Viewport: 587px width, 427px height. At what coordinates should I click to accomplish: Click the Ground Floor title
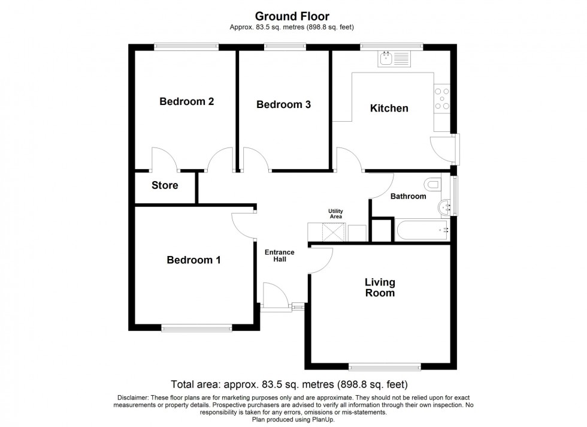coord(292,16)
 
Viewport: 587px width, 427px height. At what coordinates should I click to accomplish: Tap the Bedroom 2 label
coord(186,101)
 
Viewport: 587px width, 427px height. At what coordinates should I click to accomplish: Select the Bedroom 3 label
coord(283,104)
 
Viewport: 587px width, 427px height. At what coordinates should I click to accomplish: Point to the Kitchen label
coord(389,108)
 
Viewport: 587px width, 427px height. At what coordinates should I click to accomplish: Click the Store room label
coord(165,185)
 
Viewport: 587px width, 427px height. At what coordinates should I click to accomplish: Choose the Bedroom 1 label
coord(193,260)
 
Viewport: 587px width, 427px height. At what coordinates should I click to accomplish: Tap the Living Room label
coord(380,287)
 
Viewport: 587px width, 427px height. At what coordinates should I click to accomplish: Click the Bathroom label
coord(408,196)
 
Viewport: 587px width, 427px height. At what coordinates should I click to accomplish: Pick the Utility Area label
coord(336,213)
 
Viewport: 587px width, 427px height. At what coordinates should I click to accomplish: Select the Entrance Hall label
coord(280,255)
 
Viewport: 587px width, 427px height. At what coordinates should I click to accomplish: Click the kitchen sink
coord(394,59)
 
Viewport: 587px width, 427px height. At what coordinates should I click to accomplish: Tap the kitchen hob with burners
coord(442,98)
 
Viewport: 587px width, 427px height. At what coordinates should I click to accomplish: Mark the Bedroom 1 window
coord(196,328)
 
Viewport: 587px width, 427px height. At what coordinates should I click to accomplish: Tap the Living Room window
coord(385,366)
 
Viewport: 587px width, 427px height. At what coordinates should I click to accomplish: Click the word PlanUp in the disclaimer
coord(323,419)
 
